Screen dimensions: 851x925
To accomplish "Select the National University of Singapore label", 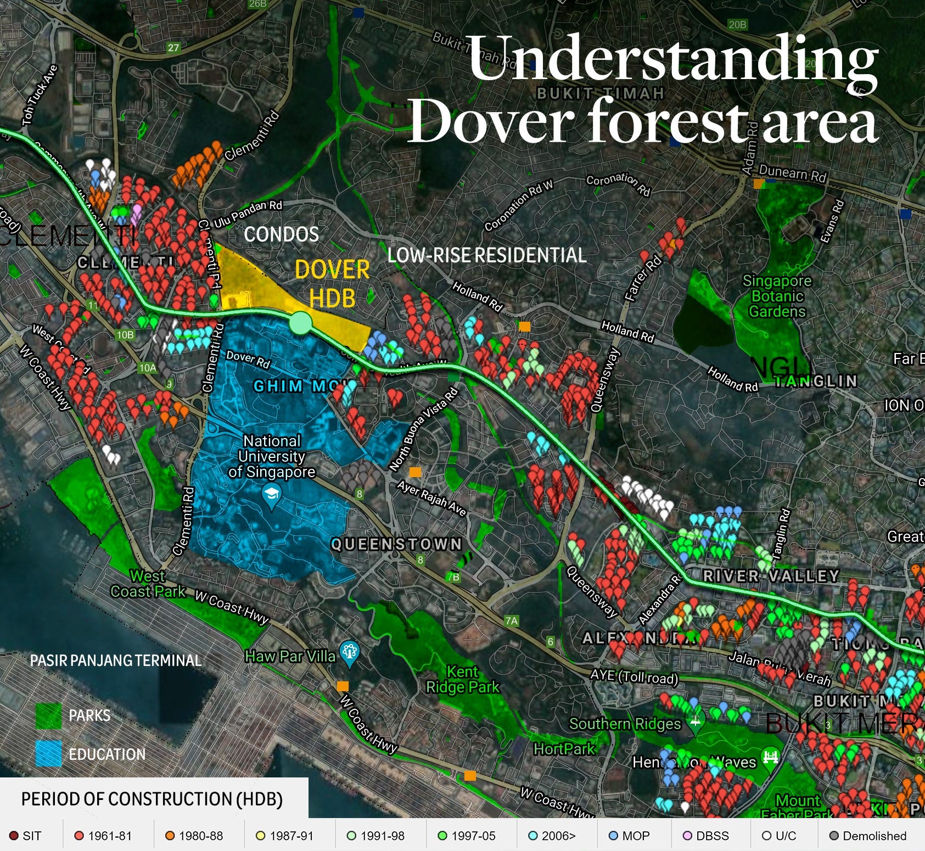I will (272, 456).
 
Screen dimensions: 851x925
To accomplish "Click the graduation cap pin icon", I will (271, 496).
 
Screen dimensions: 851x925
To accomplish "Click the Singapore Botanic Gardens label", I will (777, 296).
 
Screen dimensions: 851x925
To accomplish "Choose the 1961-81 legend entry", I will (103, 836).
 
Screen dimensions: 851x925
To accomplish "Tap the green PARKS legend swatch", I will (48, 716).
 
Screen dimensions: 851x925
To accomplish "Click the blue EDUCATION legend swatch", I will (48, 754).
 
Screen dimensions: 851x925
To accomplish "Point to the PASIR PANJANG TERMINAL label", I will (115, 660).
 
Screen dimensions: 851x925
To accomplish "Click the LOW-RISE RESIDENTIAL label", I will (487, 255).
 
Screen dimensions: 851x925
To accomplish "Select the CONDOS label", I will (281, 234).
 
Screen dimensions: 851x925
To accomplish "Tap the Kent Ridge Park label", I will (463, 679).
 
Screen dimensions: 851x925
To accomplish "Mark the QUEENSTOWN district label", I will (396, 544).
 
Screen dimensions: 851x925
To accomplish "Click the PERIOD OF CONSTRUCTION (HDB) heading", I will (152, 799).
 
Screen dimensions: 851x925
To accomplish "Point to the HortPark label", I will (564, 749).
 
